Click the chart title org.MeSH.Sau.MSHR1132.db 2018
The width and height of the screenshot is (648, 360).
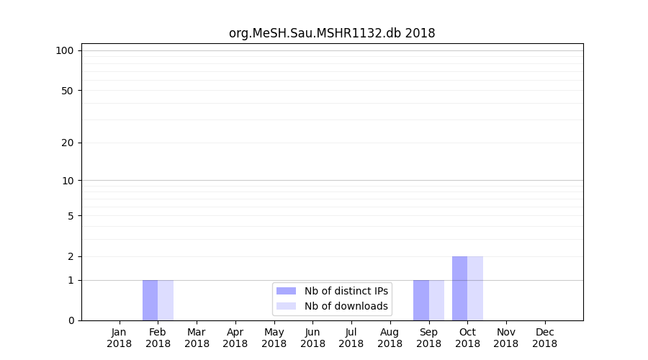[x=332, y=33]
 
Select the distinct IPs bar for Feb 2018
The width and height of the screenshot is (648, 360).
[x=150, y=300]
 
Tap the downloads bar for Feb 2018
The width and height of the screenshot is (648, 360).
[x=166, y=300]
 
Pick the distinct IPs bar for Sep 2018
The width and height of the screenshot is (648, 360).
[x=421, y=300]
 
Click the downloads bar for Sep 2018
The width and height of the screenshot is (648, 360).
[x=436, y=300]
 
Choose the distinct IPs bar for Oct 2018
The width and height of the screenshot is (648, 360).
[x=459, y=288]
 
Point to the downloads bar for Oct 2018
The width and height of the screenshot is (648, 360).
[x=475, y=288]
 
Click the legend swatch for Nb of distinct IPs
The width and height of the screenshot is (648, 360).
[x=286, y=291]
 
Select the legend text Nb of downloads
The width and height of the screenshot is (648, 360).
[x=346, y=306]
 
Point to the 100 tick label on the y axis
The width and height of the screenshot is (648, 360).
[x=65, y=50]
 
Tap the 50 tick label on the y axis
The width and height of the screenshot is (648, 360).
[x=68, y=91]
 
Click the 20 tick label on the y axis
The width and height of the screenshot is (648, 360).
[x=68, y=143]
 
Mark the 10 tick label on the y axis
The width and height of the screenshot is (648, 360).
[x=68, y=181]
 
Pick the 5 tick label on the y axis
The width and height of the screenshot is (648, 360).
[x=71, y=216]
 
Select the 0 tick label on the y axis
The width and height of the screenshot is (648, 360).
[x=71, y=320]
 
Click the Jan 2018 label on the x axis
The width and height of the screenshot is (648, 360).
[x=120, y=338]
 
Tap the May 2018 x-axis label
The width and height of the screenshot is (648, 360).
[x=274, y=338]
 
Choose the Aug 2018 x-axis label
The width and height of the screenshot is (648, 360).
[x=390, y=338]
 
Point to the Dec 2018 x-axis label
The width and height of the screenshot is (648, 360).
[x=545, y=338]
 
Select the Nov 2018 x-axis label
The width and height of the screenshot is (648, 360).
[x=506, y=338]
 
